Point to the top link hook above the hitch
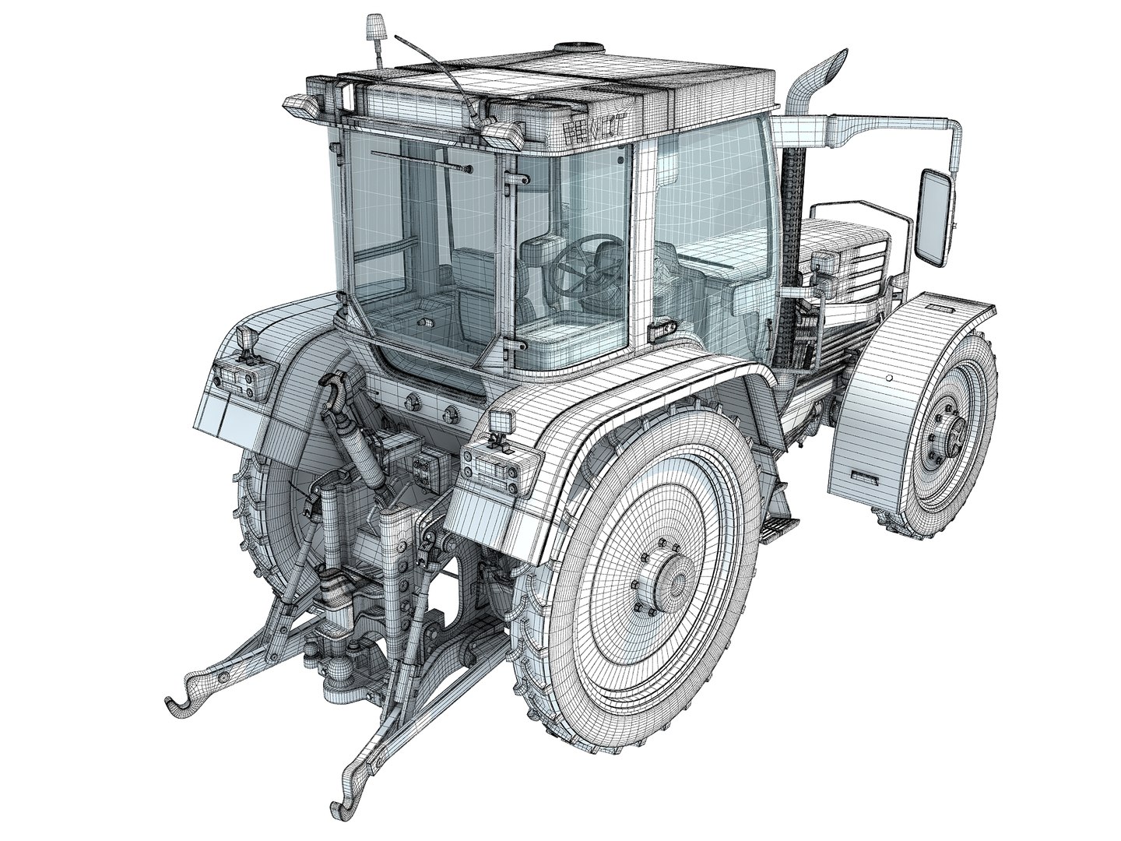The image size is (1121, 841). [330, 389]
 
